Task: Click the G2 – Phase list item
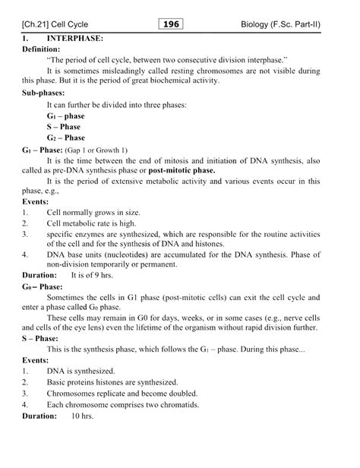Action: pyautogui.click(x=65, y=138)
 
